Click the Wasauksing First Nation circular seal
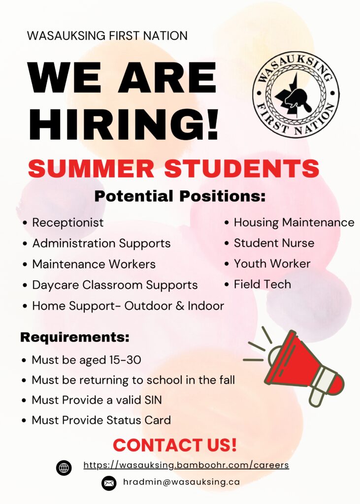pyautogui.click(x=295, y=94)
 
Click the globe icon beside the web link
pyautogui.click(x=64, y=468)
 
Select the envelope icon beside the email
pyautogui.click(x=109, y=483)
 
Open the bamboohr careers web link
pyautogui.click(x=186, y=465)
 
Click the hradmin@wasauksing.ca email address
pyautogui.click(x=181, y=482)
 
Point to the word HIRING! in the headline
pyautogui.click(x=124, y=125)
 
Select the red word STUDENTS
pyautogui.click(x=242, y=168)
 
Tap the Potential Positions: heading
pyautogui.click(x=180, y=196)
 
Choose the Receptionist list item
pyautogui.click(x=68, y=223)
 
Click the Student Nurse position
pyautogui.click(x=274, y=243)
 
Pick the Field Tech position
pyautogui.click(x=262, y=284)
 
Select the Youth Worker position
pyautogui.click(x=272, y=264)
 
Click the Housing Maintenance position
pyautogui.click(x=294, y=222)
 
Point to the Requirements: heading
pyautogui.click(x=75, y=337)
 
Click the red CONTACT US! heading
pyautogui.click(x=175, y=445)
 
